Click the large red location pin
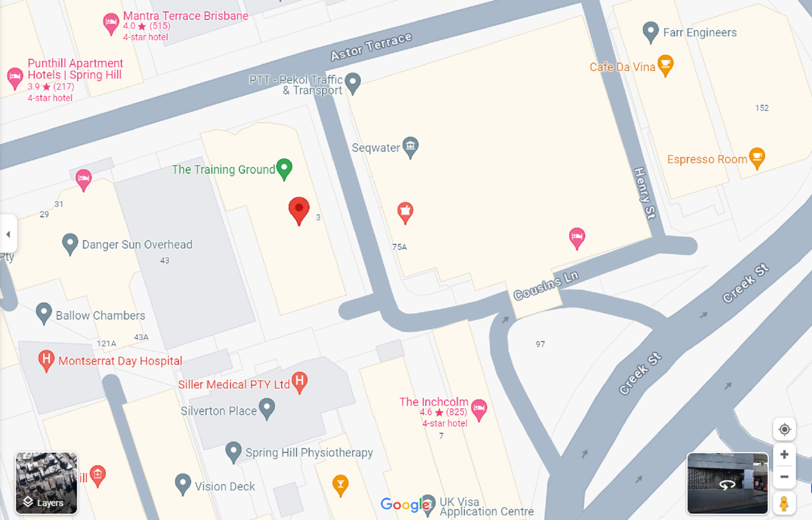[299, 209]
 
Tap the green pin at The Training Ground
[284, 168]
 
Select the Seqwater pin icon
[410, 146]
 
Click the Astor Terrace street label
[371, 47]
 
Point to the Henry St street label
[645, 193]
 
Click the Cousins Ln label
[546, 285]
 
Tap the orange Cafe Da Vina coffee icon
[665, 65]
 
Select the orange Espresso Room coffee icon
[757, 157]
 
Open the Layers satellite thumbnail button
[47, 483]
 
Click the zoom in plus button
[784, 454]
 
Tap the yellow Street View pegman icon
[784, 504]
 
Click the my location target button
[784, 430]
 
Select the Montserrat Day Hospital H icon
[46, 359]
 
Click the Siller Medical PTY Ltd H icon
[299, 381]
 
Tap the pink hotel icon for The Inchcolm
[479, 408]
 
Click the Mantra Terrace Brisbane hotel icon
[111, 22]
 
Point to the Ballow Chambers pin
[44, 312]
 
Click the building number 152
[762, 108]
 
